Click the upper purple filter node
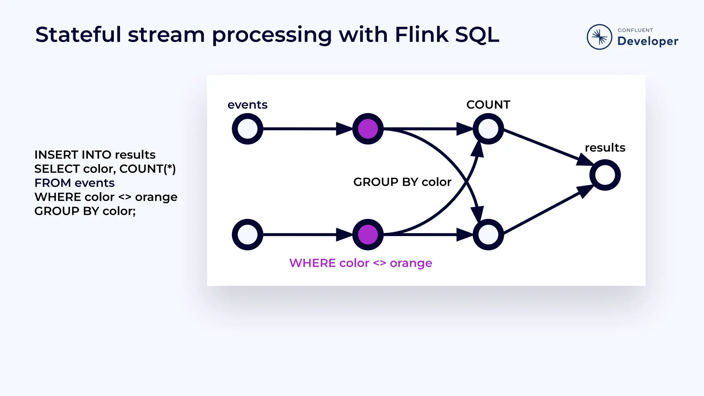(368, 129)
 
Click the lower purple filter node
(368, 234)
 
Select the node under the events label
(247, 129)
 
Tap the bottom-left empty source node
(247, 234)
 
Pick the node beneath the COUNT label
(488, 129)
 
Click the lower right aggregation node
(488, 234)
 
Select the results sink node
(605, 175)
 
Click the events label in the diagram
(247, 104)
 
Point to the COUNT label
(488, 104)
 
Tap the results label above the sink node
(605, 147)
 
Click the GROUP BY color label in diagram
(402, 182)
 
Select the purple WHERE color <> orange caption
(361, 263)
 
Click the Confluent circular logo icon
(599, 37)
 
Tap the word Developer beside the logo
(648, 41)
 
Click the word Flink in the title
(421, 35)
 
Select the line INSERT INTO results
(95, 155)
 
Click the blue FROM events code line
(75, 183)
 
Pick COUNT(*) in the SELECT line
(147, 169)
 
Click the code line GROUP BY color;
(85, 211)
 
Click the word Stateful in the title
(78, 35)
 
